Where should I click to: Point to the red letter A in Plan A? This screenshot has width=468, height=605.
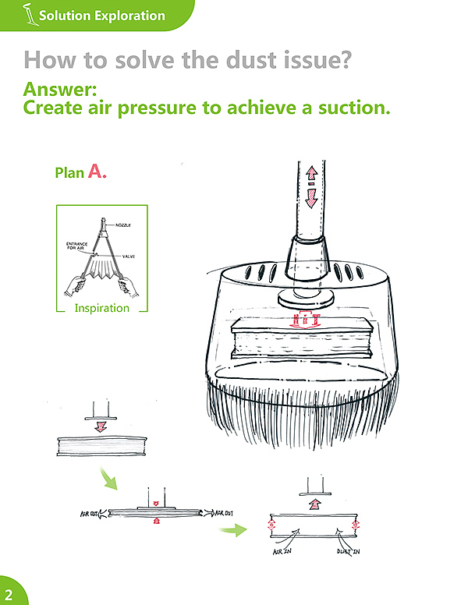point(97,171)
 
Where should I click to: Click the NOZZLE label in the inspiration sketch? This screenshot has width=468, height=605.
point(122,224)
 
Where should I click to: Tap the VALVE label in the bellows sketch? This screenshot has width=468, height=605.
point(129,256)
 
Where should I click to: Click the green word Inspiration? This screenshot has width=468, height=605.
point(101,308)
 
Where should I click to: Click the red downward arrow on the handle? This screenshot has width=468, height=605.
point(311,200)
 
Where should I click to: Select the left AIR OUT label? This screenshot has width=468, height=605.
point(90,514)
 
